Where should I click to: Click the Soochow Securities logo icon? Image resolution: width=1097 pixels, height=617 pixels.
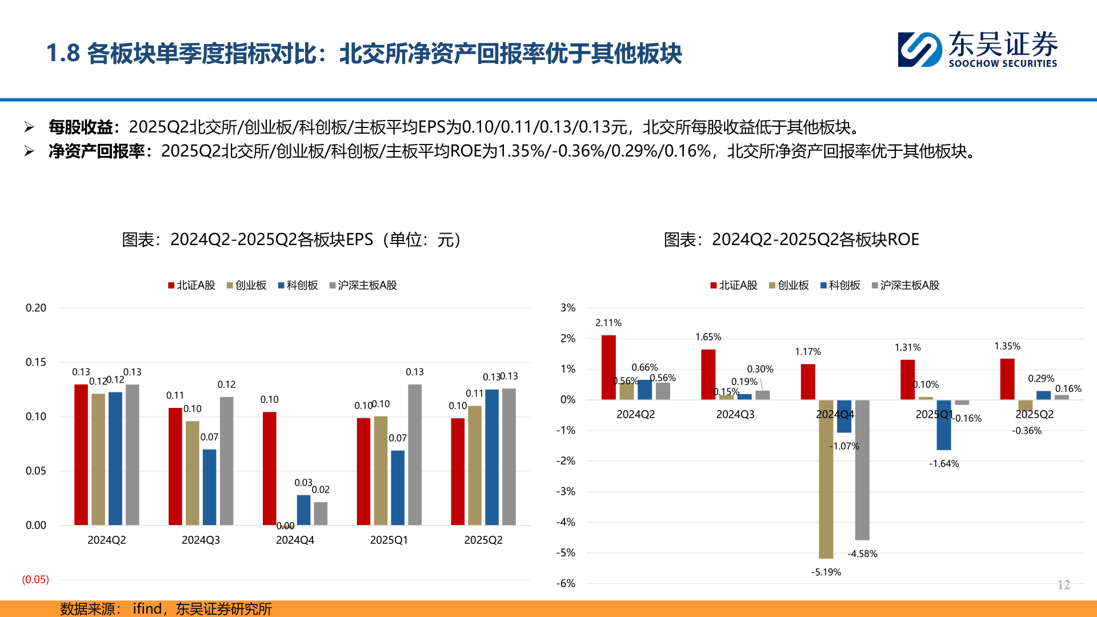pyautogui.click(x=919, y=50)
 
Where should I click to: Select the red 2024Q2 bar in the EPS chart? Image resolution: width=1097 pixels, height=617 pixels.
pyautogui.click(x=81, y=455)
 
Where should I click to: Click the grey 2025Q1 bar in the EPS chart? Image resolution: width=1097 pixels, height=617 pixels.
pyautogui.click(x=415, y=455)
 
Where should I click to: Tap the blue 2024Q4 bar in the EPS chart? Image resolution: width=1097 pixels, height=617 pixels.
pyautogui.click(x=303, y=510)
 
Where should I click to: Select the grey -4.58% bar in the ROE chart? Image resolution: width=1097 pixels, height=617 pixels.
pyautogui.click(x=862, y=470)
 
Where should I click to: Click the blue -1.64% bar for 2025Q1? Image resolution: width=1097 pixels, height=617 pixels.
pyautogui.click(x=944, y=424)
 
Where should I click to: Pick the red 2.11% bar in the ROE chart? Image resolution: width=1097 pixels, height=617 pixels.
pyautogui.click(x=608, y=367)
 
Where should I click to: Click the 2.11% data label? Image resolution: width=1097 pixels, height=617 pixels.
pyautogui.click(x=608, y=323)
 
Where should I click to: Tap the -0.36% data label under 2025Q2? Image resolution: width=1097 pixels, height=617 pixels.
pyautogui.click(x=1027, y=431)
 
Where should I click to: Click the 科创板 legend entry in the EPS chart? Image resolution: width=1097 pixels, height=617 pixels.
pyautogui.click(x=298, y=285)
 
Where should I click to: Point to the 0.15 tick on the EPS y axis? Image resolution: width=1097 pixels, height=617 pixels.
pyautogui.click(x=35, y=362)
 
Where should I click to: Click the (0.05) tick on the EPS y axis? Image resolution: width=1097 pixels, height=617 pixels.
pyautogui.click(x=35, y=579)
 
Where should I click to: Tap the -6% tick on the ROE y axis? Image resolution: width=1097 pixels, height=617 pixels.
pyautogui.click(x=566, y=583)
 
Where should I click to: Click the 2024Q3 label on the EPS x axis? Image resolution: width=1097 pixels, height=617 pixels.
pyautogui.click(x=201, y=540)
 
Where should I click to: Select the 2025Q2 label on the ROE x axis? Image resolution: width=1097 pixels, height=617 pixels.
pyautogui.click(x=1034, y=414)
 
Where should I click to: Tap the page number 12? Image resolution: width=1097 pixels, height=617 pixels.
pyautogui.click(x=1063, y=584)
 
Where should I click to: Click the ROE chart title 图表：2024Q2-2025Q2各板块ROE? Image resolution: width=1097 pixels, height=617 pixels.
pyautogui.click(x=791, y=239)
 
